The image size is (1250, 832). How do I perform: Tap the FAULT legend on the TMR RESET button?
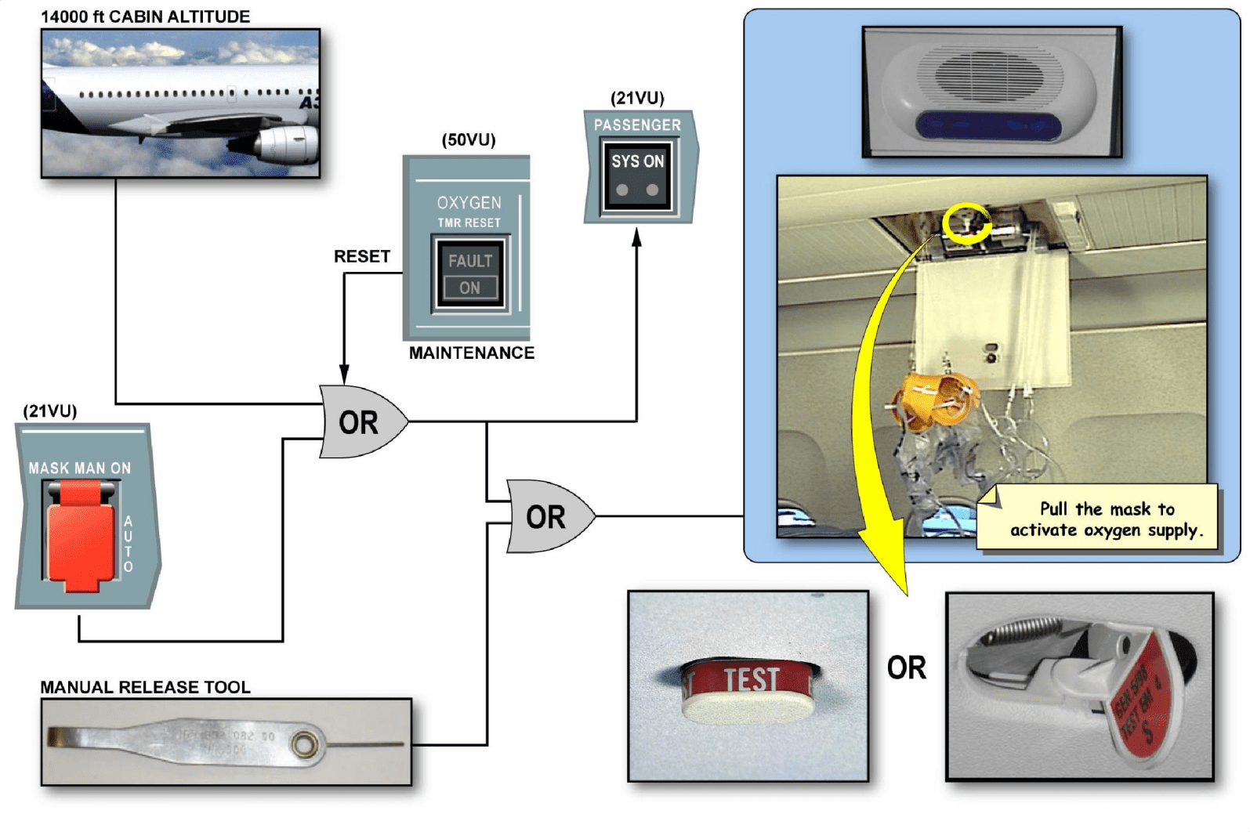[x=470, y=261]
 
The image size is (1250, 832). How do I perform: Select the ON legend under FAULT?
[x=469, y=288]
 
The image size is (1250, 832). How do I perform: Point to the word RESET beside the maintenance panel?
[x=362, y=257]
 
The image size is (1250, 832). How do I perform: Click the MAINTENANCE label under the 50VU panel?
[x=472, y=353]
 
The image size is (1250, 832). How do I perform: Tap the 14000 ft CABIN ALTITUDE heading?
[x=146, y=16]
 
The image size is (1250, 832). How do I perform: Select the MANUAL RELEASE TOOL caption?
[x=146, y=687]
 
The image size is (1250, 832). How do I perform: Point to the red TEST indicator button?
[x=750, y=679]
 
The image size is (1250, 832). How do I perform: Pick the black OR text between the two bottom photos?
[x=907, y=668]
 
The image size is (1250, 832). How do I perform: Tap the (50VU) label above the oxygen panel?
[x=469, y=140]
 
